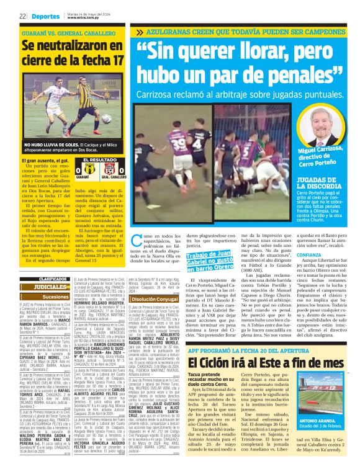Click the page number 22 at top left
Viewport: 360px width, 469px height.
[x=22, y=16]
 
